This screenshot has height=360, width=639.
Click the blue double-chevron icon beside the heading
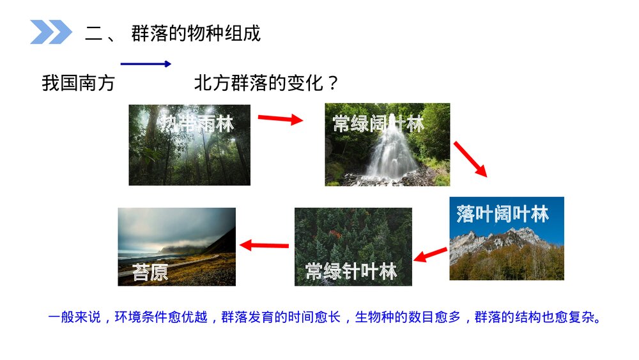point(50,32)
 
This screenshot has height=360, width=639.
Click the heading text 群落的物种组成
point(196,33)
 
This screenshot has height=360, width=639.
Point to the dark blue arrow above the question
point(146,63)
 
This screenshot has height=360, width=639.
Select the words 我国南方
point(78,84)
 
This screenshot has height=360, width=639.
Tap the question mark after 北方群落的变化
point(332,84)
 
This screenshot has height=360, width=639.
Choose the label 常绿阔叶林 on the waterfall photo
point(378,123)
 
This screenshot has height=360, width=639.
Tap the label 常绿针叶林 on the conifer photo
point(351,271)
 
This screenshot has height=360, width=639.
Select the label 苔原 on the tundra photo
point(150,273)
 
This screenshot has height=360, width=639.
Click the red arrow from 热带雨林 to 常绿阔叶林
point(280,118)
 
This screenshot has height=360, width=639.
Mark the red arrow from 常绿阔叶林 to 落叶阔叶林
point(470,159)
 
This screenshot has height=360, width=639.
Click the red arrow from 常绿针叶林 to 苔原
point(264,244)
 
